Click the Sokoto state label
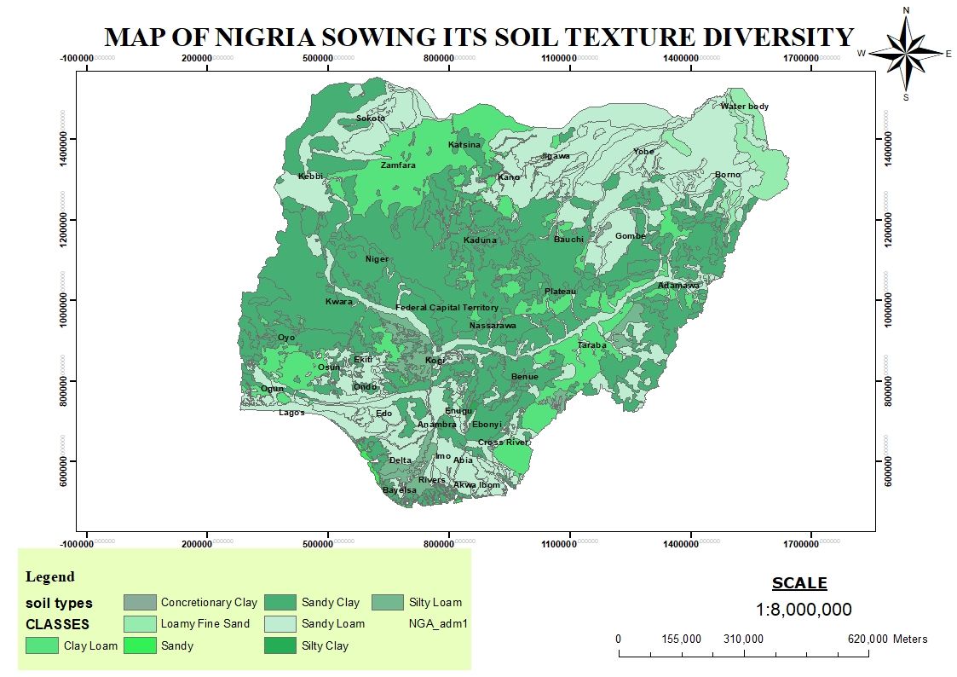pos(371,119)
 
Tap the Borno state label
pos(728,175)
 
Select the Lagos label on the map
pos(291,413)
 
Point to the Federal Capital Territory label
pos(447,308)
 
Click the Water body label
pos(744,107)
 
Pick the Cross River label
pos(503,443)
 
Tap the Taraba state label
pos(591,345)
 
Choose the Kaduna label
pos(480,240)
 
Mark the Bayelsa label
pos(400,490)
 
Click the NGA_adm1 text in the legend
pos(439,624)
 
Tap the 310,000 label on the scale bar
pos(743,639)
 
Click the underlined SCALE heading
pos(798,584)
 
